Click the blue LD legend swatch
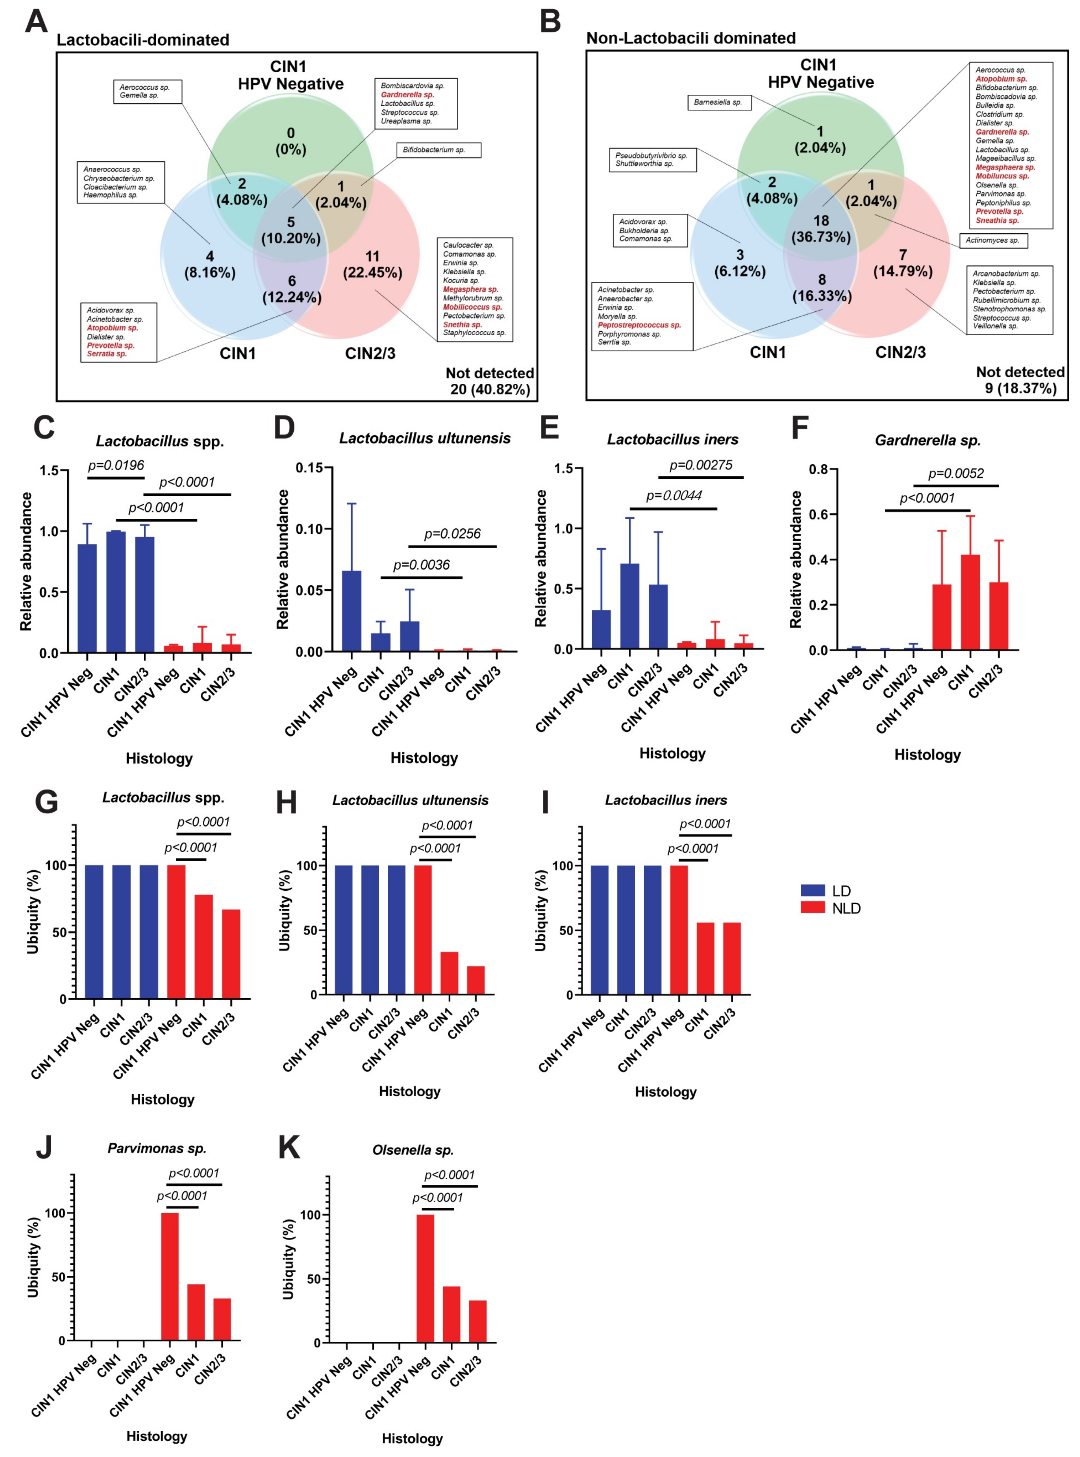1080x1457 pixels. click(813, 890)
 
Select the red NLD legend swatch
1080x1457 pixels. click(813, 907)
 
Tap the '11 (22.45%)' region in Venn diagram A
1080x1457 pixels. click(372, 264)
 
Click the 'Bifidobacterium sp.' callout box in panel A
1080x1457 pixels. click(438, 150)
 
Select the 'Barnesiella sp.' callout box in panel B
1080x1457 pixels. click(718, 103)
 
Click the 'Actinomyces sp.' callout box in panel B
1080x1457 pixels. click(992, 241)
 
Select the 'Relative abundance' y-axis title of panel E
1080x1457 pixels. click(541, 558)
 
